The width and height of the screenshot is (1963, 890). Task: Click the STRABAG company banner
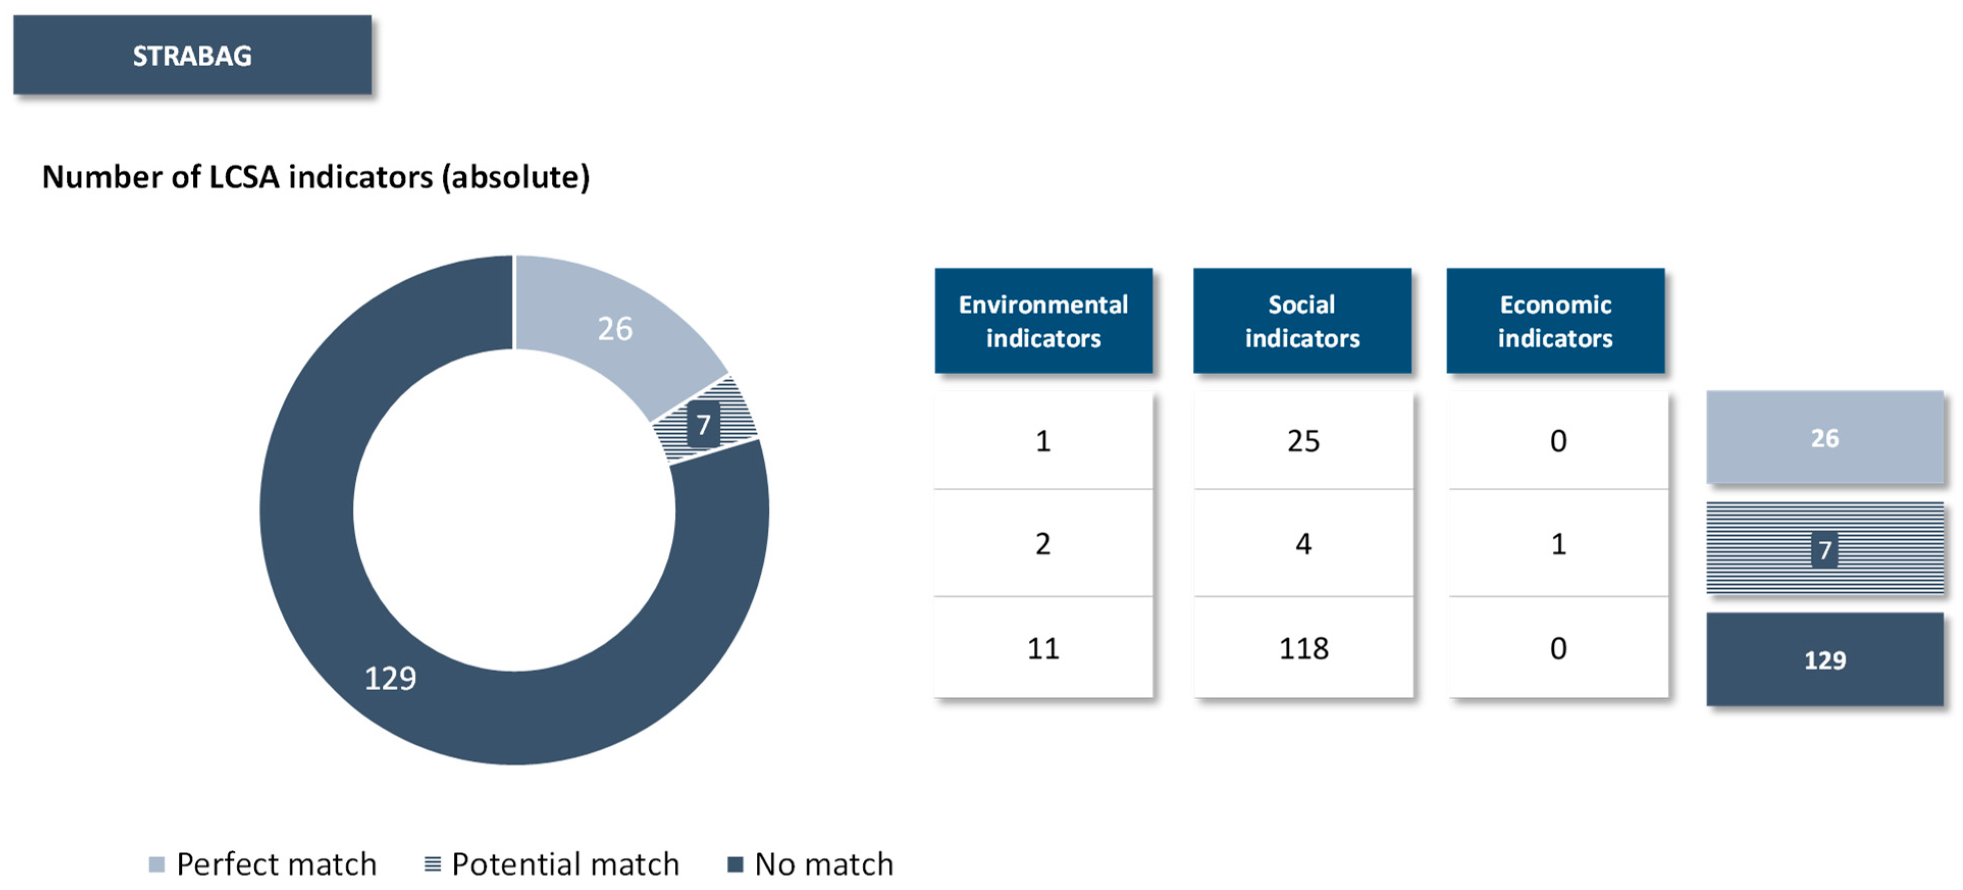pos(192,55)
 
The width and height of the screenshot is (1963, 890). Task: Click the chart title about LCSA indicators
pos(315,177)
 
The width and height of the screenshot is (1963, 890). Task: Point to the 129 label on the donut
pos(390,677)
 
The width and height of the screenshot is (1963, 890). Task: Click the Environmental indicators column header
pos(1043,321)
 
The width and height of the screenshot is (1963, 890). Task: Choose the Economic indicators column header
pos(1555,321)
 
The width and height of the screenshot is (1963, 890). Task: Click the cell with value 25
pos(1303,440)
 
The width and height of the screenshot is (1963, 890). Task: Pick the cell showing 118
pos(1303,648)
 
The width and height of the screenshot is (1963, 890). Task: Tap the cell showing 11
pos(1043,648)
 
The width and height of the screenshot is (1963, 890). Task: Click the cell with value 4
pos(1303,543)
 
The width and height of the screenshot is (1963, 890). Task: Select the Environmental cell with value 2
pos(1043,543)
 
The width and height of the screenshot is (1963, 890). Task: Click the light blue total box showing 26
pos(1824,437)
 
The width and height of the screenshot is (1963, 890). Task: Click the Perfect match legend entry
pos(263,864)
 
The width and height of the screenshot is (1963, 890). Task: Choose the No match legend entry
pos(811,864)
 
